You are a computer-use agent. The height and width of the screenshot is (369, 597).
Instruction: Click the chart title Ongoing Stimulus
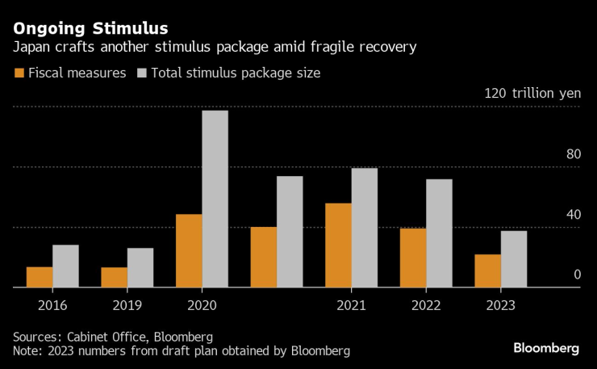(x=90, y=29)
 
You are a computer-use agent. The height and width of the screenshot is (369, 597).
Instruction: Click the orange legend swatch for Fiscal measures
(x=20, y=73)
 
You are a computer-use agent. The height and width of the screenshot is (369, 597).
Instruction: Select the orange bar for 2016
(x=40, y=277)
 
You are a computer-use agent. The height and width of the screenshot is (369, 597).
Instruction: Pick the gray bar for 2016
(x=65, y=266)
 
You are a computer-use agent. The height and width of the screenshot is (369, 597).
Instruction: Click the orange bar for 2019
(x=114, y=277)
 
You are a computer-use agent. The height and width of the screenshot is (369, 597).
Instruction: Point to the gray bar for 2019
(x=140, y=267)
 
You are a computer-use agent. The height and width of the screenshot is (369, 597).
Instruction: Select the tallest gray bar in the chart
(x=215, y=199)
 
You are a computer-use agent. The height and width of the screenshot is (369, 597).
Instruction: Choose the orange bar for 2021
(x=338, y=245)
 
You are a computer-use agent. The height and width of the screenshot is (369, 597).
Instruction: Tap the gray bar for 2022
(x=439, y=233)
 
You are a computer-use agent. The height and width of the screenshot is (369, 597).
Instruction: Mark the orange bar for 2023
(x=487, y=270)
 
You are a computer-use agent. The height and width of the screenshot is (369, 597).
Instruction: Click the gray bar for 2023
(x=514, y=258)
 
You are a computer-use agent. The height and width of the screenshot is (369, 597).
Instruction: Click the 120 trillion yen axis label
(x=532, y=93)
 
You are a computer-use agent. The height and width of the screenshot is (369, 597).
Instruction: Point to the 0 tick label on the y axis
(x=577, y=275)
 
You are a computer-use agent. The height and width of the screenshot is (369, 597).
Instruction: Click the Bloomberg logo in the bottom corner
(x=546, y=348)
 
